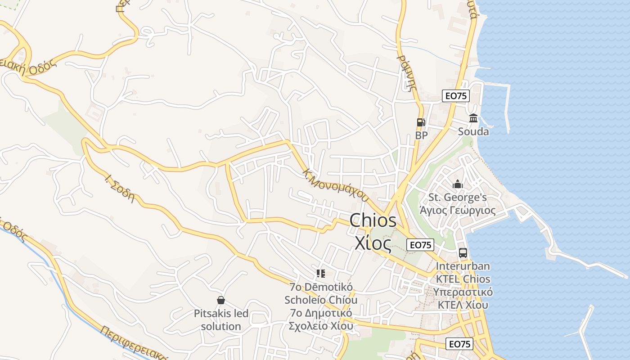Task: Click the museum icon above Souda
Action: (473, 118)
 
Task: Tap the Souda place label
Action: (473, 132)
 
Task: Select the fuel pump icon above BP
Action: (421, 122)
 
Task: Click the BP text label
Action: (421, 135)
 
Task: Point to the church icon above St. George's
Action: (458, 184)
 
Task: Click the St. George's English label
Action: (458, 197)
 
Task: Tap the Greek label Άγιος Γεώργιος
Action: (457, 210)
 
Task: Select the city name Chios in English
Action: (373, 220)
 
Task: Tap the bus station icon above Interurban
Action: (463, 253)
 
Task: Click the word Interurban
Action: (463, 266)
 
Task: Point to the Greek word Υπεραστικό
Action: (463, 292)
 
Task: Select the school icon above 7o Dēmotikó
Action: (321, 274)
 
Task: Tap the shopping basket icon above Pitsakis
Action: (221, 300)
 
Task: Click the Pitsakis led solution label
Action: (221, 320)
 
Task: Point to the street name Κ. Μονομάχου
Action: (336, 184)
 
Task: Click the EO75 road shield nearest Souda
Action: (456, 95)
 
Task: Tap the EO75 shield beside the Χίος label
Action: (420, 245)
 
